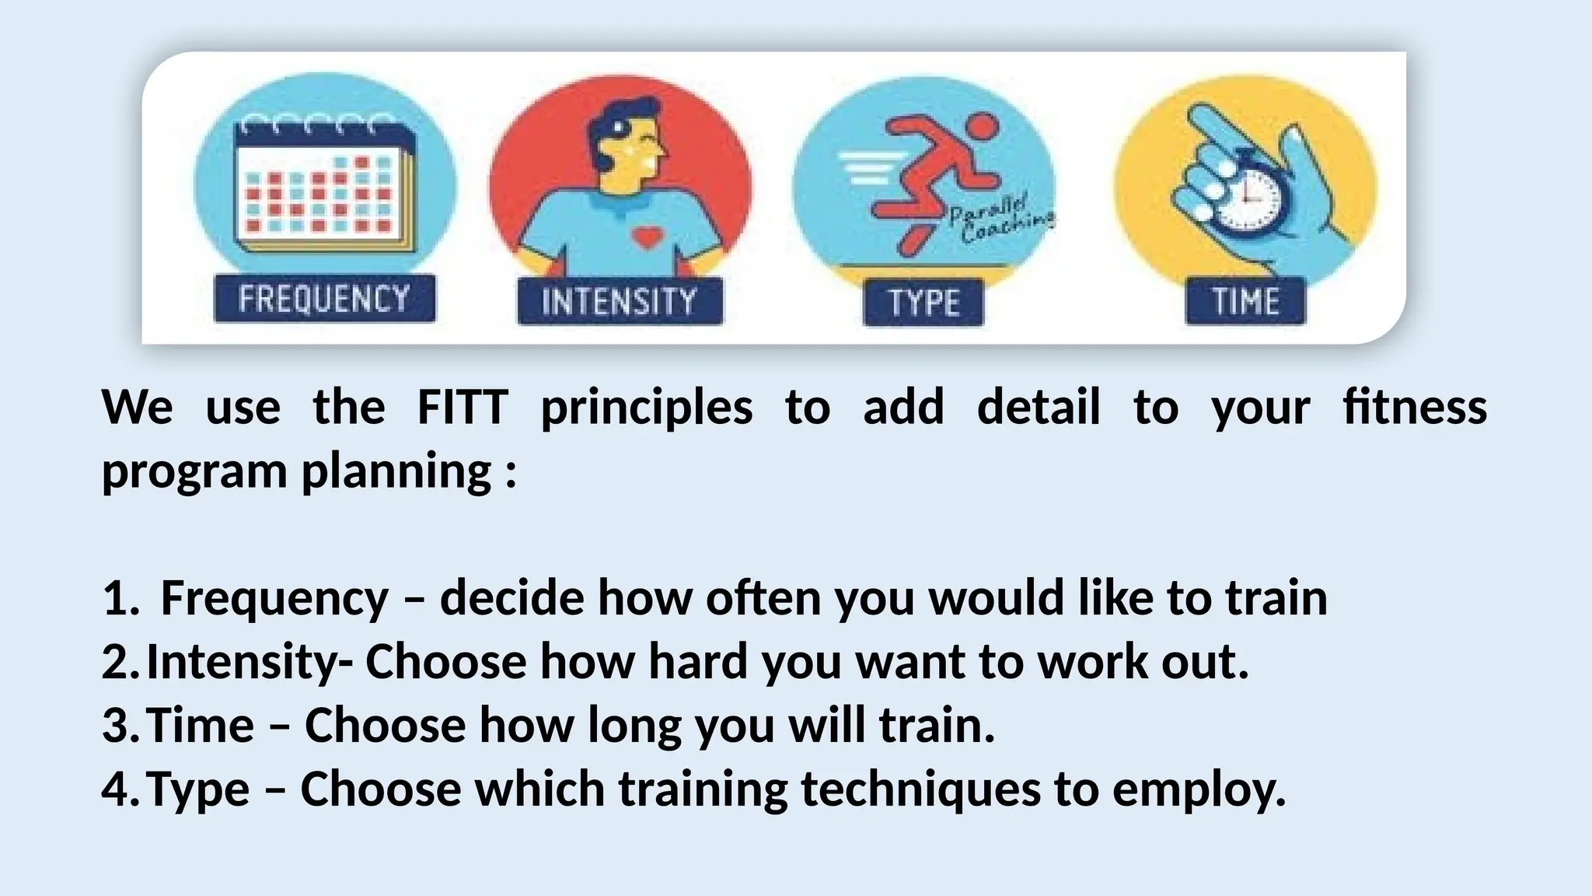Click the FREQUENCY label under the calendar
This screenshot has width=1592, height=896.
tap(324, 299)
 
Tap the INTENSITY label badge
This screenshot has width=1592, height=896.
tap(620, 301)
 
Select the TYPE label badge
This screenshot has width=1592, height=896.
tap(923, 302)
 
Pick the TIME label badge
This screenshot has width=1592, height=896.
tap(1245, 301)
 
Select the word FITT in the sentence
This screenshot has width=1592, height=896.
tap(463, 407)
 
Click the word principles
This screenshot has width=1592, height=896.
tap(646, 408)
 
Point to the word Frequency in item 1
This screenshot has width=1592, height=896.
tap(274, 599)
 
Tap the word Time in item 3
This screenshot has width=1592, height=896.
tap(200, 726)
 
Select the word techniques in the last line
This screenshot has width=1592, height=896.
tap(920, 789)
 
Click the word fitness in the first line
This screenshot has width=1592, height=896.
tap(1415, 407)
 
